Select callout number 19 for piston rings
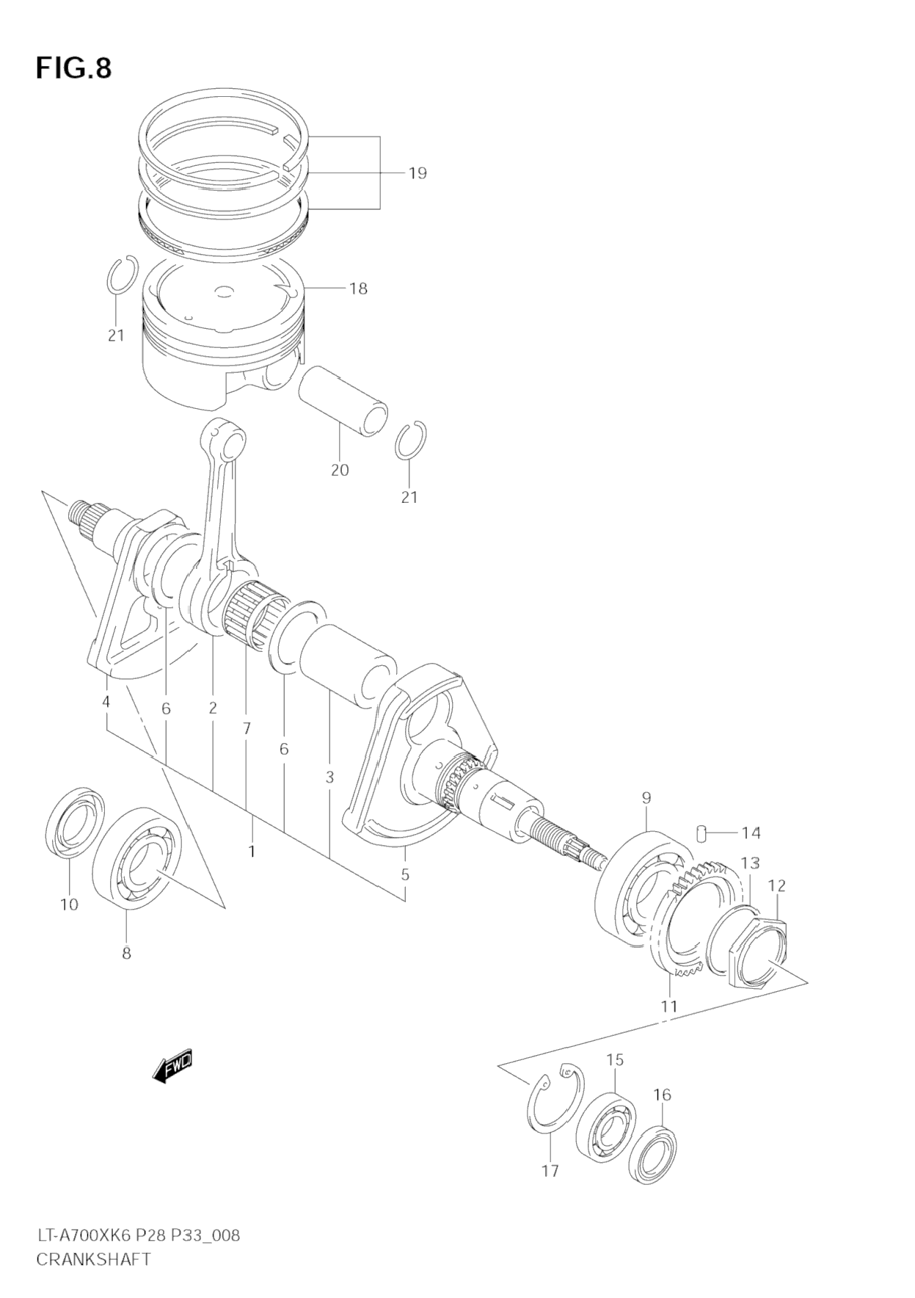(x=418, y=173)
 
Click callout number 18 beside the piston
(x=358, y=289)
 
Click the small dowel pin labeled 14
(x=701, y=833)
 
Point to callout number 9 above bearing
(x=646, y=798)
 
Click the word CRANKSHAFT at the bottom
(x=93, y=1259)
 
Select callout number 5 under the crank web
(x=405, y=875)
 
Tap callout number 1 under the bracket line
(x=252, y=852)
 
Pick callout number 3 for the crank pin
(x=329, y=777)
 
